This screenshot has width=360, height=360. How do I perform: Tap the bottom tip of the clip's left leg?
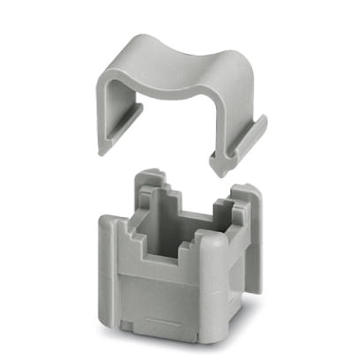(x=102, y=148)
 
